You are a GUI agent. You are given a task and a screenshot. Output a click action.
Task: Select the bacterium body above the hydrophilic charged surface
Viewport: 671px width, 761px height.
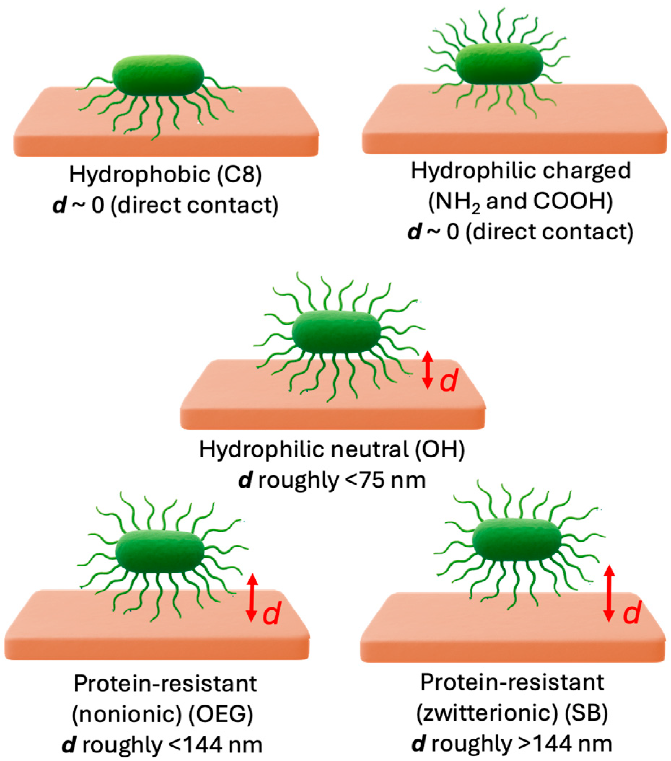(499, 63)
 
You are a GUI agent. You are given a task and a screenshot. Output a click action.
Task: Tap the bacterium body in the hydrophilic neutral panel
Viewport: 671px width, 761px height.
(336, 332)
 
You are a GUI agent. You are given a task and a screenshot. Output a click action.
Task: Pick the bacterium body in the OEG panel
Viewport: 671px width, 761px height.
(160, 551)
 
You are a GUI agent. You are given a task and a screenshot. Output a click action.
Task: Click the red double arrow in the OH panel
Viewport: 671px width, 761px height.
(428, 370)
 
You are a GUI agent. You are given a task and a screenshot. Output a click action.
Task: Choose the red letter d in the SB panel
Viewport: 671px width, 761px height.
(632, 612)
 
